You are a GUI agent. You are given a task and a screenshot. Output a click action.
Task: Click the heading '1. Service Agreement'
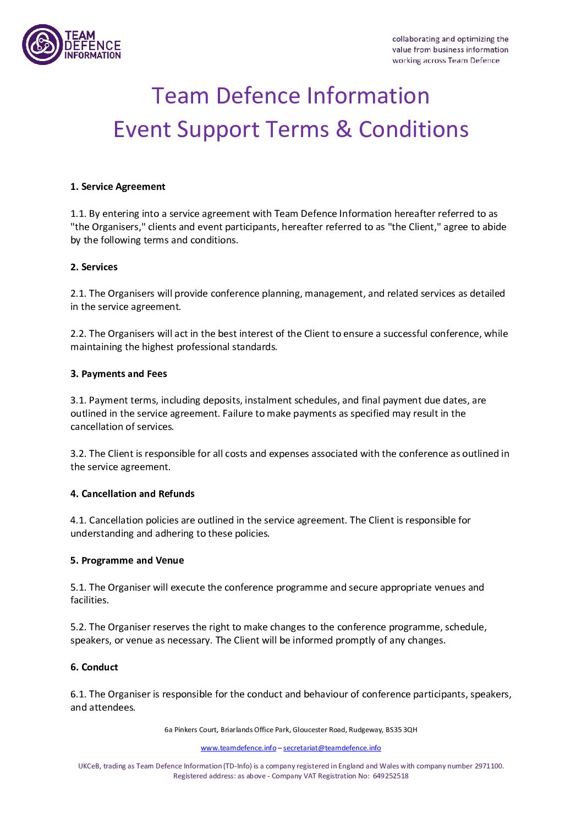pos(118,187)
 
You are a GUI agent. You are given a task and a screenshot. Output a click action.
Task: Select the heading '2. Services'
pos(94,267)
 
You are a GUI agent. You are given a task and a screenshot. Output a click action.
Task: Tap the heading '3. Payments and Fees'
pos(119,374)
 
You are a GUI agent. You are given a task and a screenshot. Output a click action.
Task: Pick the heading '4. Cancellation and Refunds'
pos(133,494)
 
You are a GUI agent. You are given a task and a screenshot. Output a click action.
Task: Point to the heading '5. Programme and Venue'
pos(127,560)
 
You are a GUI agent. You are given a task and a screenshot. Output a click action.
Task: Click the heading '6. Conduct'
pos(94,667)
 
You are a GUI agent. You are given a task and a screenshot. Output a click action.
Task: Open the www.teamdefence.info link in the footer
pos(238,748)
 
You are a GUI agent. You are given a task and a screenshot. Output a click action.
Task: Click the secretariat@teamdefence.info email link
pos(332,748)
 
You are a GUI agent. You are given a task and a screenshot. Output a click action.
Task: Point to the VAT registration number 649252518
pos(391,776)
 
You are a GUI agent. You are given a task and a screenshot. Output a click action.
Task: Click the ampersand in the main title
pos(344,130)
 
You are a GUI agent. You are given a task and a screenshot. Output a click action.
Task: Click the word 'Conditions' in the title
pos(414,130)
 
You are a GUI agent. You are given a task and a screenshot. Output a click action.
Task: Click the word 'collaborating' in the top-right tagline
pos(415,39)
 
